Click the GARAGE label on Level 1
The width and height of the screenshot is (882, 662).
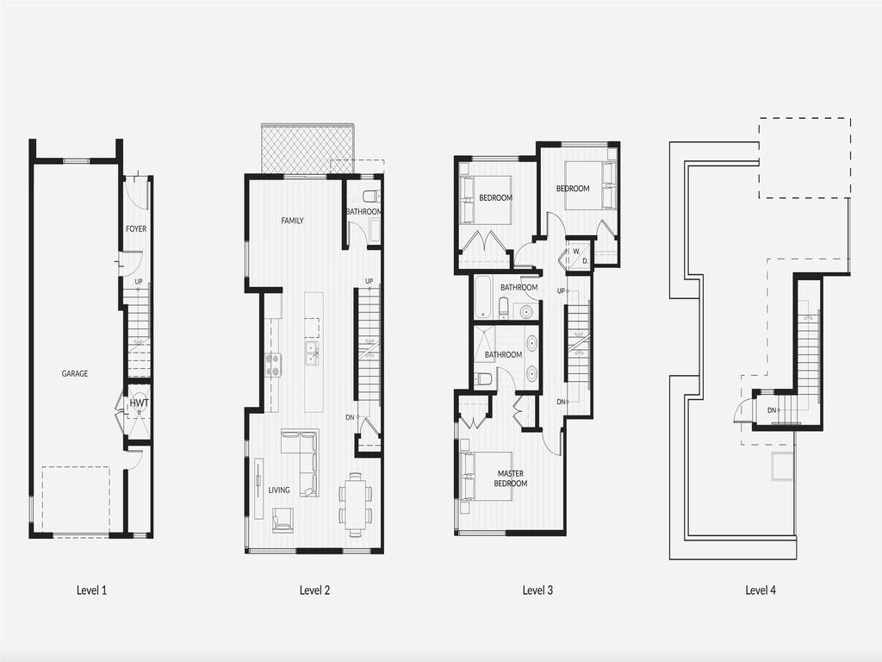[x=75, y=374]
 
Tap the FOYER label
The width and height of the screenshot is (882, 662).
[x=136, y=229]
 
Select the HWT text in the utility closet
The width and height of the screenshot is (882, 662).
[x=138, y=403]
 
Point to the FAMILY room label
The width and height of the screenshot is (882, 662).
[x=292, y=222]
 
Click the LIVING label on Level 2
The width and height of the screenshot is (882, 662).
[x=279, y=490]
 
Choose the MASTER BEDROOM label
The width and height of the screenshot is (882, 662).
[x=511, y=478]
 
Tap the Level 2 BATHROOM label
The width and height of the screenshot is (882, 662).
[x=364, y=212]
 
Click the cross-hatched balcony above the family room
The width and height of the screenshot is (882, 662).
[x=307, y=148]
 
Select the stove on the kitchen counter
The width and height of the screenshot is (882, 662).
[x=273, y=365]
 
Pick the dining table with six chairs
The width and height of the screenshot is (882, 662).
[x=356, y=504]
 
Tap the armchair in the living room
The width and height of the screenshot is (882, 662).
[x=283, y=520]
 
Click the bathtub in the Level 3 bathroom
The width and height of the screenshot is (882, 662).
[x=483, y=298]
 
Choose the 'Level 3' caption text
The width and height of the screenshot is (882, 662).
[x=537, y=590]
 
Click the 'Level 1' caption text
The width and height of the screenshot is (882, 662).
[x=91, y=590]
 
